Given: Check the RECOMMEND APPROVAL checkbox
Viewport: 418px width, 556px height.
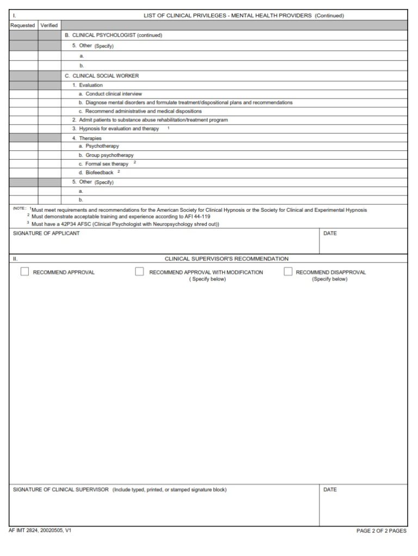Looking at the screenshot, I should pos(24,272).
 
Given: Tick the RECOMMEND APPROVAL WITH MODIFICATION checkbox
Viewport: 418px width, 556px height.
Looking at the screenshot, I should pos(139,272).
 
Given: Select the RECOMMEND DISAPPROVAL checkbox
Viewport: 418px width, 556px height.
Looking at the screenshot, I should pos(288,272).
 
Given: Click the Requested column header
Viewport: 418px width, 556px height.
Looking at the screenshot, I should pos(23,26).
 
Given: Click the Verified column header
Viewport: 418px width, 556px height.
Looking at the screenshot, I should pos(49,26).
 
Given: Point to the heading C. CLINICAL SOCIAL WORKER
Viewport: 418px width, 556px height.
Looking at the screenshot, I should pos(102,76).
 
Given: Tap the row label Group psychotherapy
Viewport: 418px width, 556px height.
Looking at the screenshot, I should pos(109,155).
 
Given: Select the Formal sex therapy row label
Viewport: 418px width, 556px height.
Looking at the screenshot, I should pos(107,164).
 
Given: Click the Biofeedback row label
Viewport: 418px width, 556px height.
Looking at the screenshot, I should pos(99,173).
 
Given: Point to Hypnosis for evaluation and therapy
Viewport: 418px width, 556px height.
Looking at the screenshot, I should pos(119,129).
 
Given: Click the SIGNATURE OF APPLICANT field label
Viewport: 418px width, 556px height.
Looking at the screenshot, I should pos(46,234).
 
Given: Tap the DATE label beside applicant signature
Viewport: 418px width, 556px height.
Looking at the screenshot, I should pos(330,234).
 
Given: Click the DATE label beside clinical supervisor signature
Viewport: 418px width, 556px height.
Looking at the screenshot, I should pos(330,490).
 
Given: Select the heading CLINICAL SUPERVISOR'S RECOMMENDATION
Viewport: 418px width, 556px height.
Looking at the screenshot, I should pos(226,259).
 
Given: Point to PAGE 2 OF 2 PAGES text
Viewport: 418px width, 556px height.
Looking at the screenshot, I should pos(381,531).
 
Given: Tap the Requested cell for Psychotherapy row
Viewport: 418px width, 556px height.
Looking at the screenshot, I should pos(23,146).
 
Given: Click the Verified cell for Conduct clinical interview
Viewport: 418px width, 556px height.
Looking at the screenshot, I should pos(49,94).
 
